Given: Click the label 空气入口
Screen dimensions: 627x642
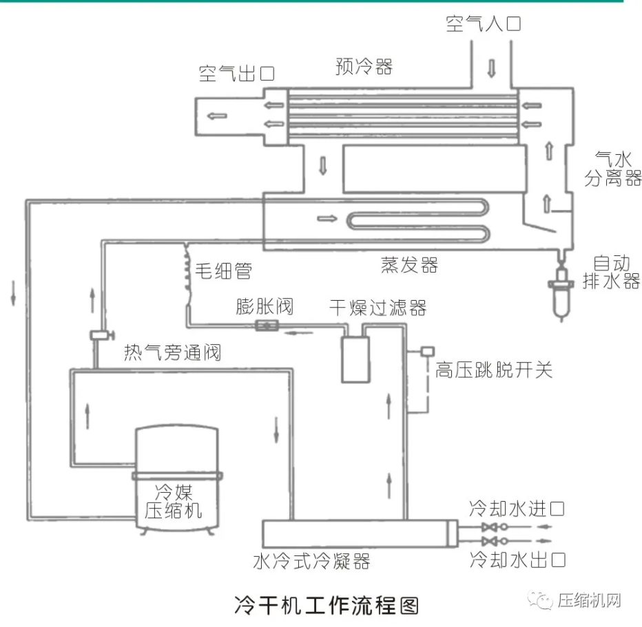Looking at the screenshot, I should [x=483, y=25].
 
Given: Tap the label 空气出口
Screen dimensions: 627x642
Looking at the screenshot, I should [x=237, y=73].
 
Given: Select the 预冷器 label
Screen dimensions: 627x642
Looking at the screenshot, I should [x=364, y=66].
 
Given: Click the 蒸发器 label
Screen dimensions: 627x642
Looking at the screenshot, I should [x=409, y=265].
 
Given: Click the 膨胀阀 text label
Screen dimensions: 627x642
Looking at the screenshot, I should [x=265, y=306].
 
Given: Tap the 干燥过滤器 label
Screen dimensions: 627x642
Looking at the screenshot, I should [x=377, y=307].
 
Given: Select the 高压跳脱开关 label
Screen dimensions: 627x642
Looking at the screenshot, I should [x=493, y=370].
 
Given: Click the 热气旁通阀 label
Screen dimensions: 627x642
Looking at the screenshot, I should [x=172, y=353].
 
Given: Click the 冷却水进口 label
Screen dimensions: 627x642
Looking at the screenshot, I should [x=517, y=509].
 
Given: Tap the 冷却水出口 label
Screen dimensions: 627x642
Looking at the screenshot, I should [x=517, y=559].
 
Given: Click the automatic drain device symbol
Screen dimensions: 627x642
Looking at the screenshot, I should [x=562, y=289].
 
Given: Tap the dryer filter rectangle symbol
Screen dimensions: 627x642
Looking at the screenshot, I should [x=355, y=358].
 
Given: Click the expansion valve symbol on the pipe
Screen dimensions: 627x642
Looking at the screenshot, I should [x=266, y=326].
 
